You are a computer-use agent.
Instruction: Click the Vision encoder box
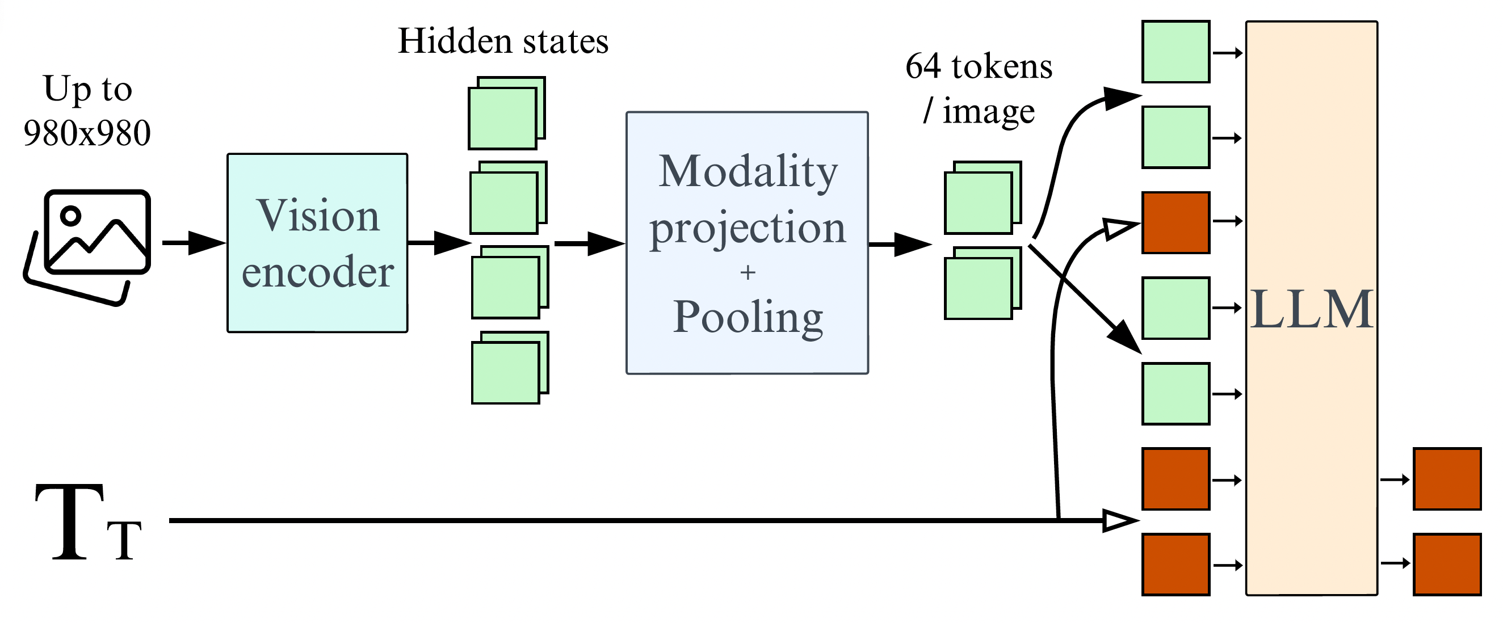[x=317, y=243]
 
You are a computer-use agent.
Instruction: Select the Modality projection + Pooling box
[x=747, y=243]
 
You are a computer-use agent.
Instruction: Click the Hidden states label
[x=503, y=42]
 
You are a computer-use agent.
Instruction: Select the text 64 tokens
[x=979, y=67]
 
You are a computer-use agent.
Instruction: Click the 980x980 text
[x=87, y=133]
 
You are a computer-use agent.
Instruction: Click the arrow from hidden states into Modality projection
[x=589, y=243]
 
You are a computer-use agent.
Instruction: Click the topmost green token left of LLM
[x=1175, y=52]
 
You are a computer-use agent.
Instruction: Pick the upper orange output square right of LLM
[x=1446, y=479]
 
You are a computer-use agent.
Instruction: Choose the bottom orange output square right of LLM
[x=1446, y=564]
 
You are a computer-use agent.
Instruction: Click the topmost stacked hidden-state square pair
[x=506, y=113]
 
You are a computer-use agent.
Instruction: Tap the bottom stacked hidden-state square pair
[x=509, y=368]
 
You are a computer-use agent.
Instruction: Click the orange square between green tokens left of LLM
[x=1175, y=223]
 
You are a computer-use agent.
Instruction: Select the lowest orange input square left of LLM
[x=1175, y=564]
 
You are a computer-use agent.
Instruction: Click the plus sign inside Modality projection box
[x=748, y=272]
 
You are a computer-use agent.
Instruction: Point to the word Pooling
[x=748, y=318]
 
